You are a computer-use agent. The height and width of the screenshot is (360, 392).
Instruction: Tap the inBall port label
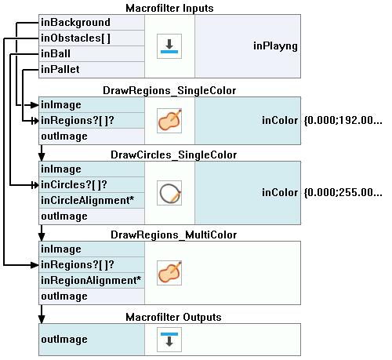(x=56, y=54)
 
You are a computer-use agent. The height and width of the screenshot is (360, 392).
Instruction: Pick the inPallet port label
(x=60, y=70)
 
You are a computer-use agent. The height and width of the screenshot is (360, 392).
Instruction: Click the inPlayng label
(x=275, y=46)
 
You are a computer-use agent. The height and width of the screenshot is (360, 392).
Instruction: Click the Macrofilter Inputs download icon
(x=169, y=46)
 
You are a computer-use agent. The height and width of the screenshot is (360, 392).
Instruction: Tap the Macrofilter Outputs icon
(x=169, y=340)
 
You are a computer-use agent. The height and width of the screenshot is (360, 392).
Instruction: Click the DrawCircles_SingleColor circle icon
(x=169, y=193)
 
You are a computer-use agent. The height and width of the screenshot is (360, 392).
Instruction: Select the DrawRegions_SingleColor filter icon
(x=169, y=121)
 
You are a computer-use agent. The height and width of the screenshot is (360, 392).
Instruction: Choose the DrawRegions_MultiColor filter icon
(x=169, y=273)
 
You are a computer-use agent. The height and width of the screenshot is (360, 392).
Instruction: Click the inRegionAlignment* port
(x=91, y=281)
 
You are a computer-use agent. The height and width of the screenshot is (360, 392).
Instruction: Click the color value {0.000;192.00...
(x=343, y=121)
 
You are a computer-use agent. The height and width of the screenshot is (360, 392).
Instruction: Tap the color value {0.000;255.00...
(x=343, y=193)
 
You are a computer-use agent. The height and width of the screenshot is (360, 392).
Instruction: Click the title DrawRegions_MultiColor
(x=174, y=235)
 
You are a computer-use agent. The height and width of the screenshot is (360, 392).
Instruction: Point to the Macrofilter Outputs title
(x=173, y=317)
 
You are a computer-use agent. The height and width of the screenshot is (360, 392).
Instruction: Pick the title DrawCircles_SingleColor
(x=174, y=155)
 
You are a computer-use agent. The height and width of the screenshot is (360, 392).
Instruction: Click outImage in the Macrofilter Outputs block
(x=64, y=340)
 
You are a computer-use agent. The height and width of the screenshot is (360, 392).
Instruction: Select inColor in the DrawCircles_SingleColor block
(x=280, y=193)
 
